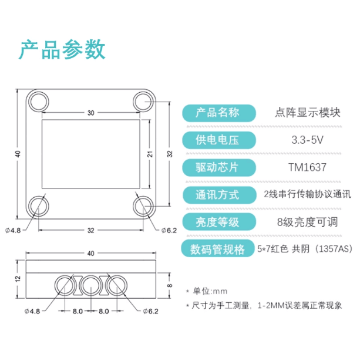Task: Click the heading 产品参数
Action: coord(62,49)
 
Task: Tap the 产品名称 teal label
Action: coord(218,113)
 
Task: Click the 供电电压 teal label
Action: coord(218,140)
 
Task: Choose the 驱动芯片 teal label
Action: coord(218,167)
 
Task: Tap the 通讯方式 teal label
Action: coord(218,194)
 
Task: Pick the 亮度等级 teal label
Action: coord(218,221)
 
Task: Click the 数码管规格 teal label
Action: coord(218,249)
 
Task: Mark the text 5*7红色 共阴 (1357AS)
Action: coord(304,249)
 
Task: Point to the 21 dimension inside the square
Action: coord(150,154)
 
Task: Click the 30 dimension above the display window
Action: coord(90,112)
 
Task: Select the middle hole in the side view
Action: coord(91,285)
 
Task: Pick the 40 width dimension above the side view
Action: coord(90,253)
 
